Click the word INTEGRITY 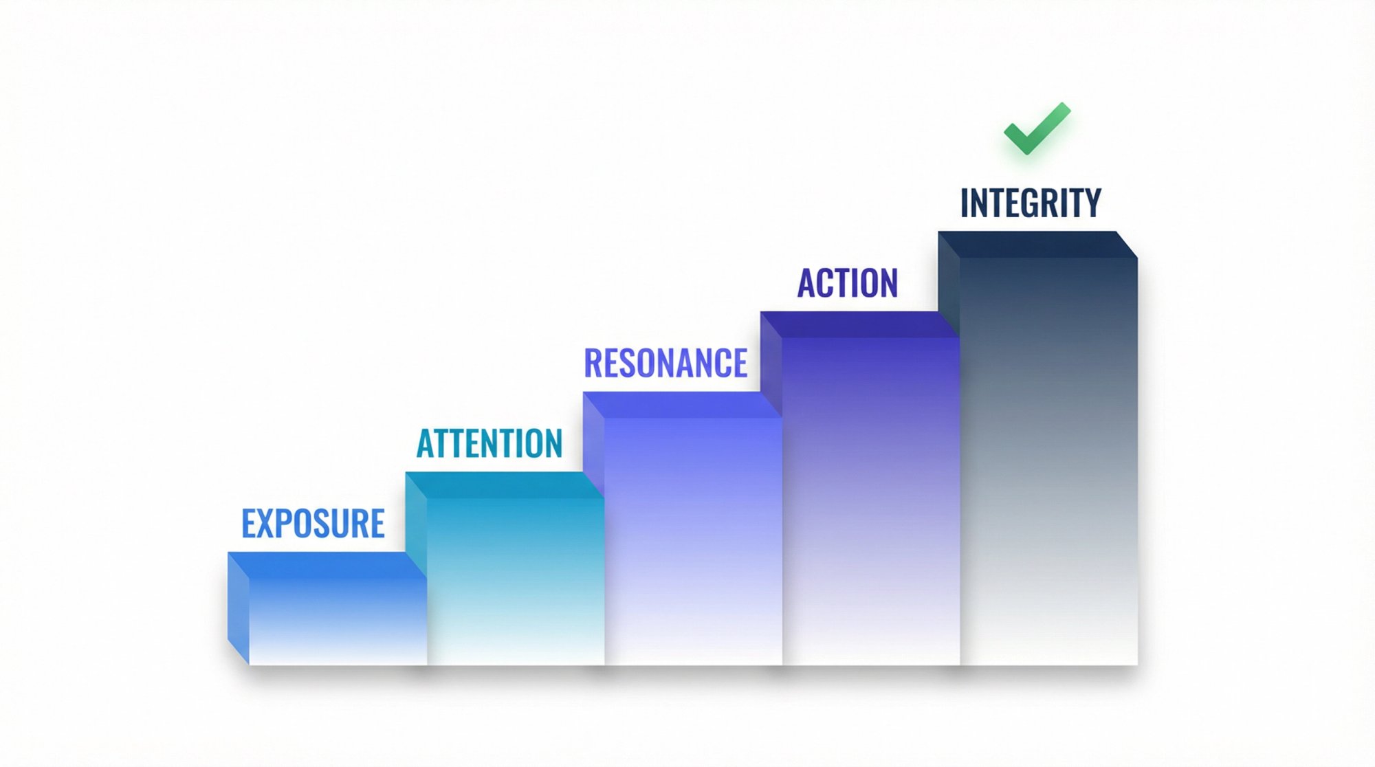coord(1031,203)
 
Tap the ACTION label coord(848,283)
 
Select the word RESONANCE coord(665,364)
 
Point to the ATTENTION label coord(489,443)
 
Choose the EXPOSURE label coord(313,524)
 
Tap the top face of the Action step coord(859,324)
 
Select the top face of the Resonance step coord(682,405)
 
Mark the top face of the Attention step coord(504,485)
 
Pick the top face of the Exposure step coord(327,565)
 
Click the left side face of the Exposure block coord(238,608)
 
